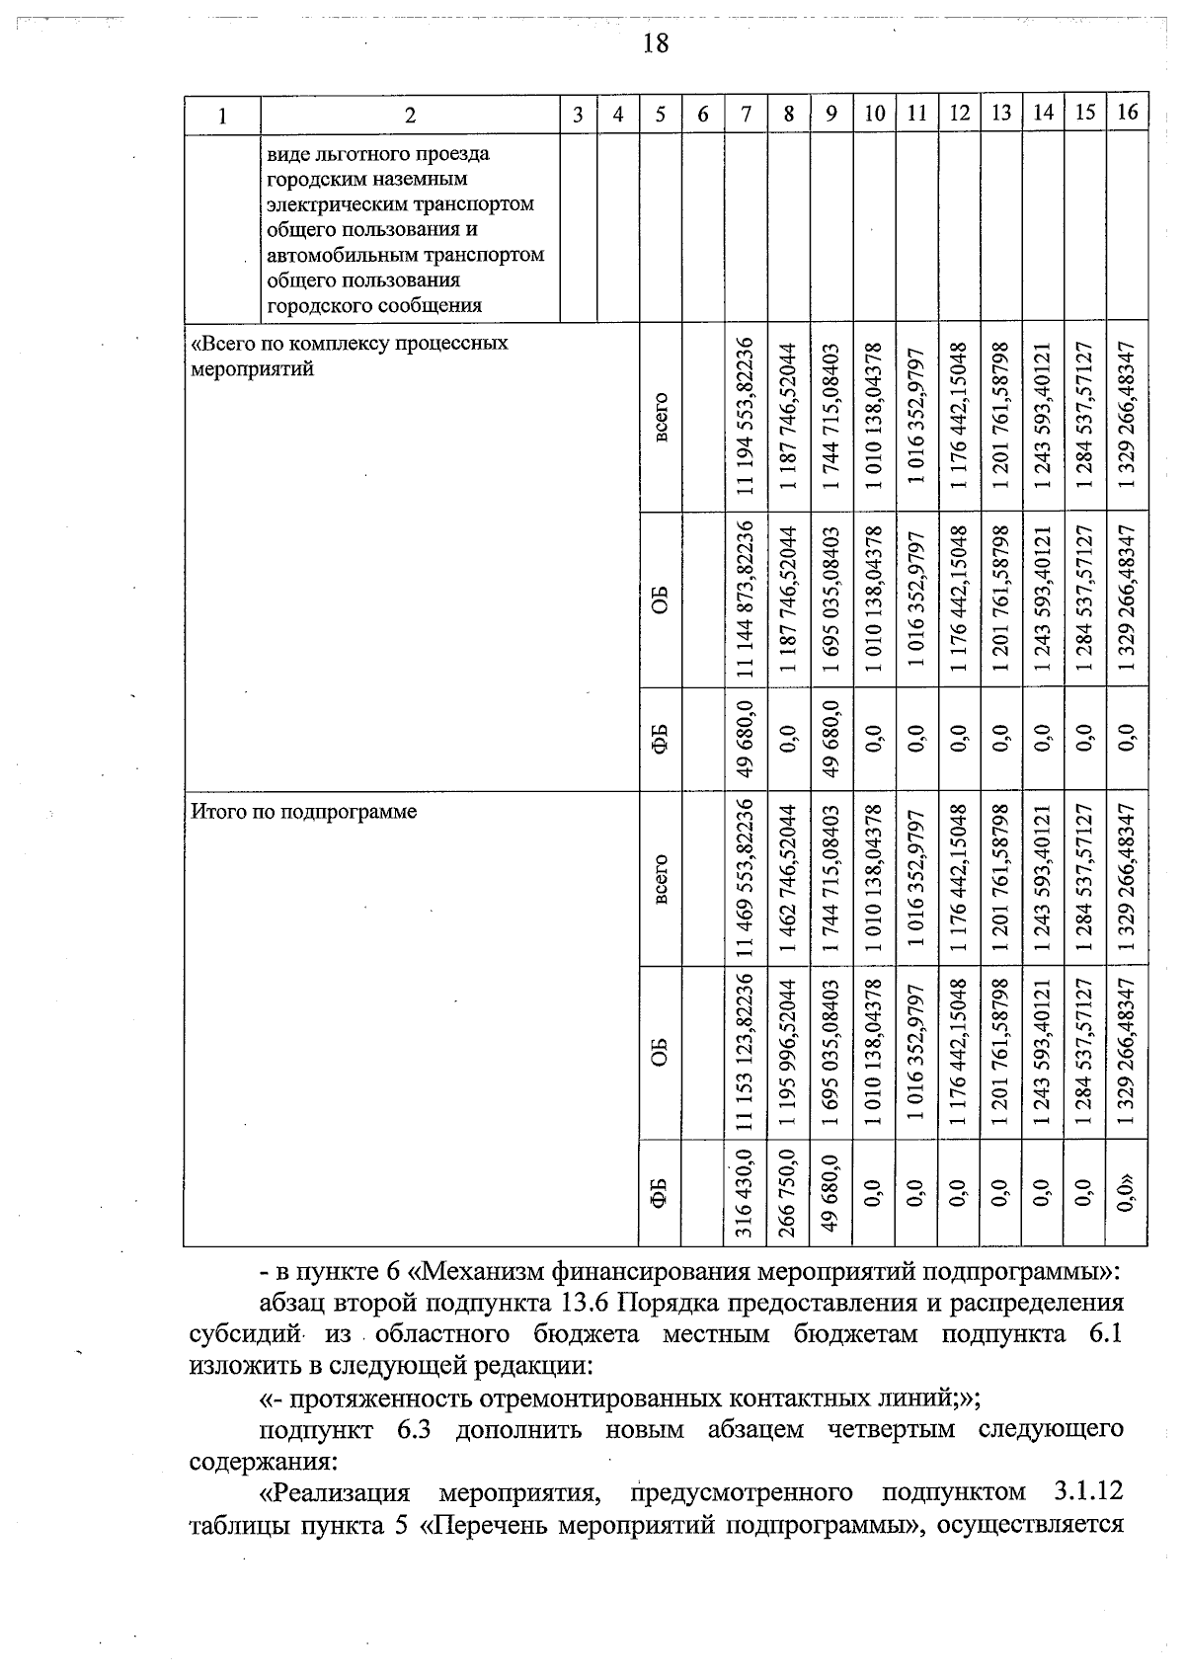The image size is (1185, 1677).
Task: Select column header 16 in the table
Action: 1128,113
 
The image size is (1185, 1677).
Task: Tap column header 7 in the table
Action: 747,114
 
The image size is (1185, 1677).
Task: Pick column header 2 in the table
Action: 410,114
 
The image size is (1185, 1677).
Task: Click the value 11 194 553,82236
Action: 746,416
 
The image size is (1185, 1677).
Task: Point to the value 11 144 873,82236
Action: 746,599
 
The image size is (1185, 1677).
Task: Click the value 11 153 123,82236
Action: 746,1054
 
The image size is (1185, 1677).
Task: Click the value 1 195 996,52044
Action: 788,1054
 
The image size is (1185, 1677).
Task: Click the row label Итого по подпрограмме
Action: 303,812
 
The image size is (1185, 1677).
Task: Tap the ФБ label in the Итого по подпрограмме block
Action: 661,1192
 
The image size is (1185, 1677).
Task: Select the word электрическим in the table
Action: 331,204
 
